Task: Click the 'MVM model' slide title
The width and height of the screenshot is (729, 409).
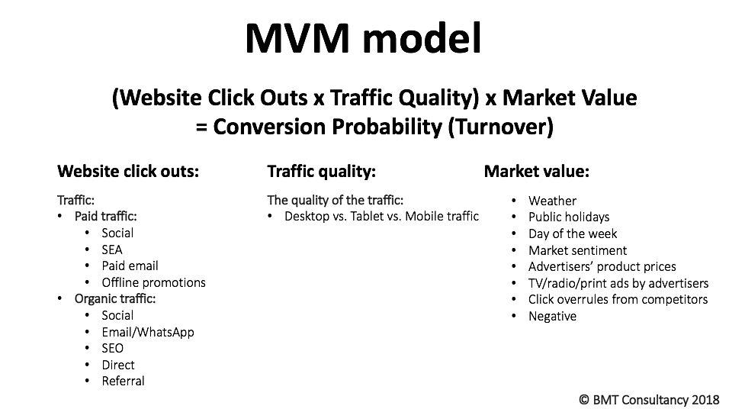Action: (363, 38)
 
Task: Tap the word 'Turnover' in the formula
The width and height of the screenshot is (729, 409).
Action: (500, 127)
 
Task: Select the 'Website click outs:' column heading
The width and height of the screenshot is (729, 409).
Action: (128, 171)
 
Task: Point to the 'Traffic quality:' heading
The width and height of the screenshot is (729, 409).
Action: (321, 171)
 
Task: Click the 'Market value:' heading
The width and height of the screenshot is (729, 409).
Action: (537, 171)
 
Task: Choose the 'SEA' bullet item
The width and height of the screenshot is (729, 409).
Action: (112, 250)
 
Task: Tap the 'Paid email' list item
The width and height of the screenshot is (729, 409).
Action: (130, 266)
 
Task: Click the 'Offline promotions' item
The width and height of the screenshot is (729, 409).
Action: (154, 282)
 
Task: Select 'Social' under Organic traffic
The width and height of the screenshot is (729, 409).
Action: (117, 315)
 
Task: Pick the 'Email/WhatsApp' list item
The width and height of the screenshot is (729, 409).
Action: (148, 332)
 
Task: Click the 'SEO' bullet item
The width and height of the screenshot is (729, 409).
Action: (113, 349)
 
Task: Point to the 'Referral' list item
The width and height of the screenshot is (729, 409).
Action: (124, 381)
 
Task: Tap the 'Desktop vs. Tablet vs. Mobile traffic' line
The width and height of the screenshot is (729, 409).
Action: (382, 217)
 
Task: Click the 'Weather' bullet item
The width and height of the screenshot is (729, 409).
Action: (552, 201)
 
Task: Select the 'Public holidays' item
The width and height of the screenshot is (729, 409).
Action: (569, 217)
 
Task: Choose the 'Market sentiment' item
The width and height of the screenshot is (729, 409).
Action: (578, 250)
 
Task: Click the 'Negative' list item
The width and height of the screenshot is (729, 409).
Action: (552, 317)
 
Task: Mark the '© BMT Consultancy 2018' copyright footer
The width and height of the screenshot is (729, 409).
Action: (649, 400)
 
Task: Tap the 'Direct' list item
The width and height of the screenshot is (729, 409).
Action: (118, 365)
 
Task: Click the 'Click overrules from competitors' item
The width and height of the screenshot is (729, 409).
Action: (618, 300)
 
